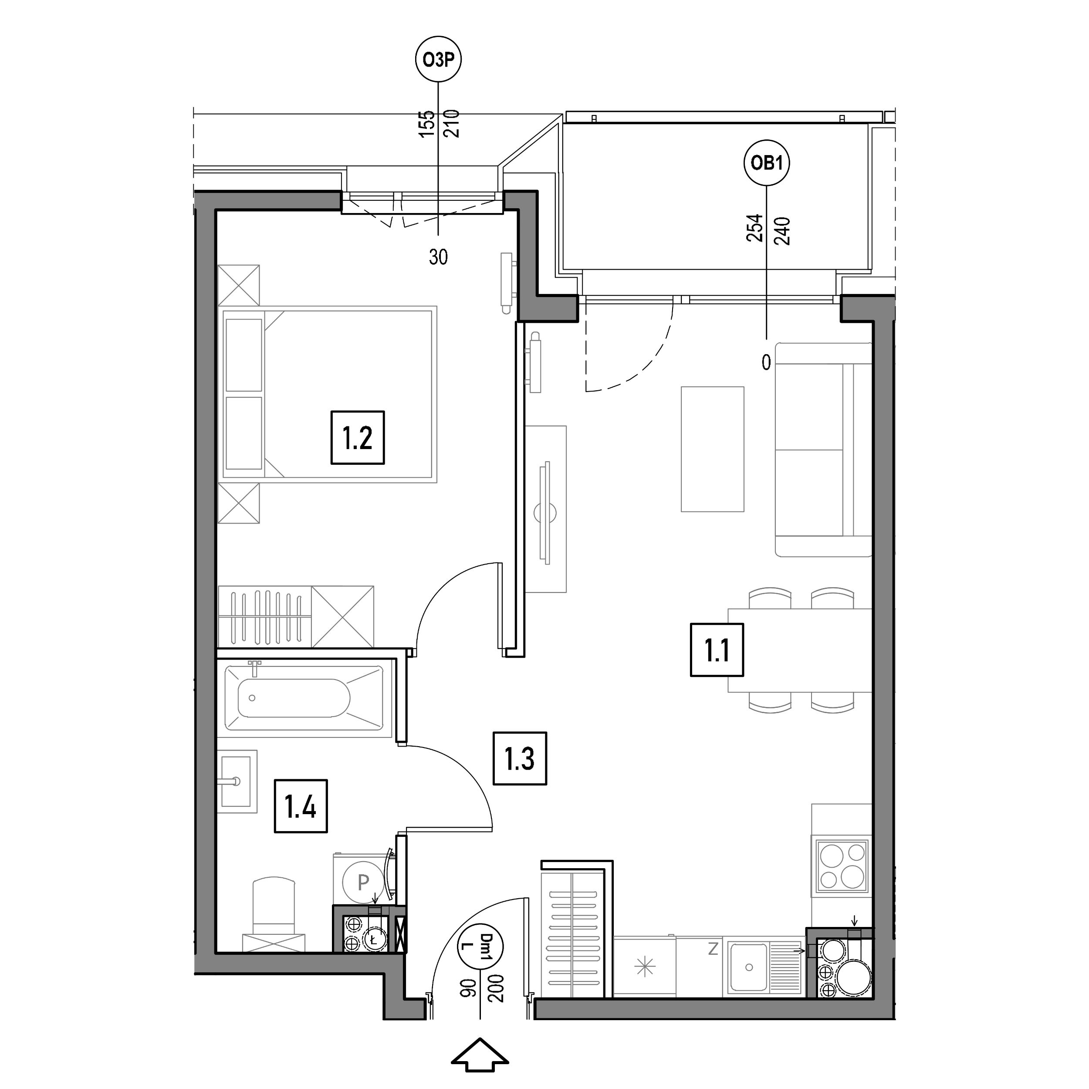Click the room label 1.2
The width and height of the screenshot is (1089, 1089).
[357, 437]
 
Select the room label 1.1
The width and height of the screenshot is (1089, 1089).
[717, 649]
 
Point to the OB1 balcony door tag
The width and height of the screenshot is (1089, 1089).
[767, 163]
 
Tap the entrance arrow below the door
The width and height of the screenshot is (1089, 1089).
[480, 1055]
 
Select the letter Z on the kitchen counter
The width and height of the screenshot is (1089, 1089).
[713, 949]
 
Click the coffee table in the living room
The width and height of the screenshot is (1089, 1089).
[713, 449]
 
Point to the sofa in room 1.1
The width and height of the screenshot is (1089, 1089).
[824, 449]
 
